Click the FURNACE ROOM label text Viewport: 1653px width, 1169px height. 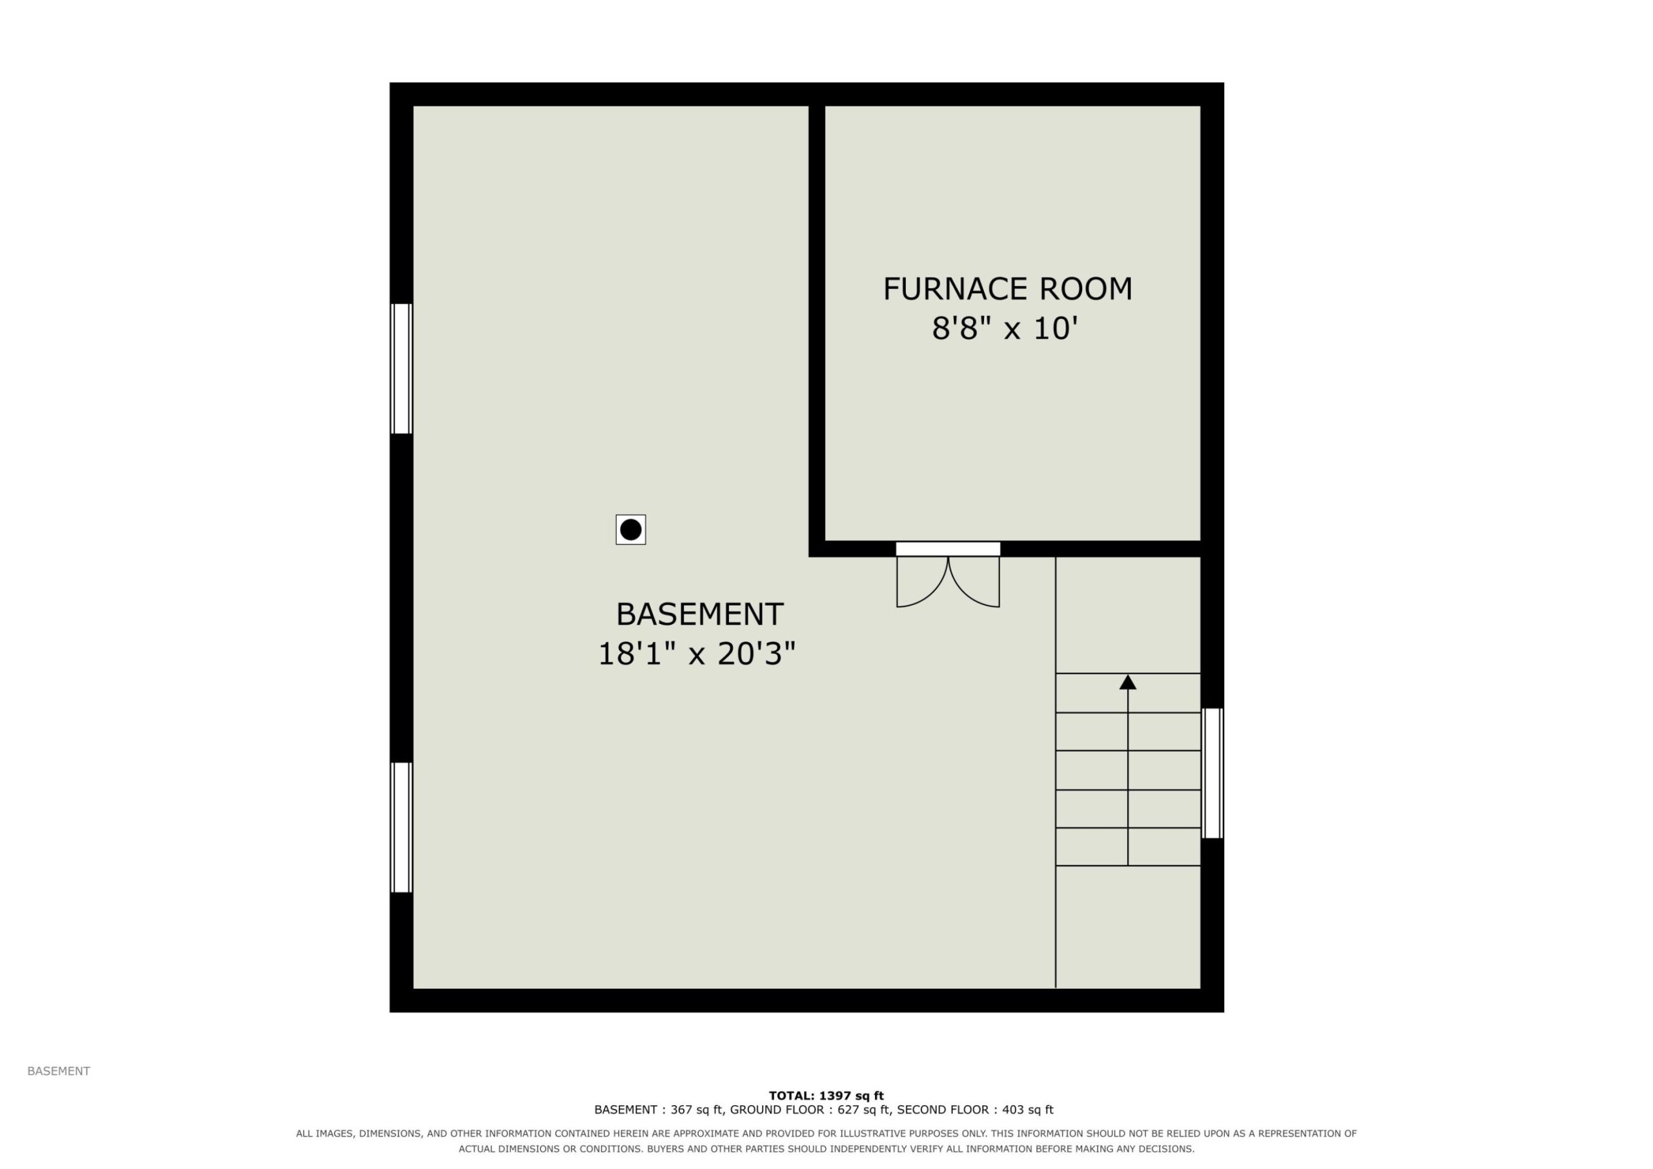(x=1007, y=289)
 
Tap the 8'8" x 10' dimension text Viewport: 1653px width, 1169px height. (x=1005, y=329)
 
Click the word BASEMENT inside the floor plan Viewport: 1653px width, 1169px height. (x=699, y=614)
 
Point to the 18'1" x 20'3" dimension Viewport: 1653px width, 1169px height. (x=697, y=654)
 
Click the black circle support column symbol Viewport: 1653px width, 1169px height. (x=631, y=530)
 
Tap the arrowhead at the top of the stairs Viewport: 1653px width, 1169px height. (x=1127, y=681)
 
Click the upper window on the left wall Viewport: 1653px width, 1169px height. (x=401, y=369)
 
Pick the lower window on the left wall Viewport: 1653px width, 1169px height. (x=401, y=827)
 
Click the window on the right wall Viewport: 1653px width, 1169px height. (x=1213, y=773)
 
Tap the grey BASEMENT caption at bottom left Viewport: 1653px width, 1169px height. (x=59, y=1071)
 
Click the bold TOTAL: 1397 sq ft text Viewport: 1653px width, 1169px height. (x=826, y=1095)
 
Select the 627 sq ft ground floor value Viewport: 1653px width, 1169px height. (x=864, y=1110)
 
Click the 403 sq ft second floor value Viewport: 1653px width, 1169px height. (x=1027, y=1110)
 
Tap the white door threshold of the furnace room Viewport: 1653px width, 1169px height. (x=948, y=549)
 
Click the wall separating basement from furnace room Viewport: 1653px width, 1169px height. (x=816, y=324)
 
